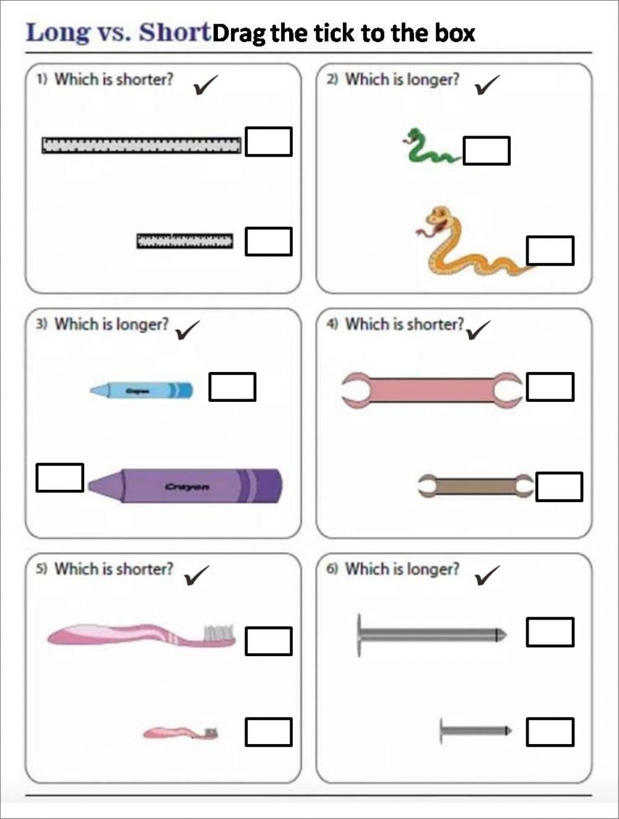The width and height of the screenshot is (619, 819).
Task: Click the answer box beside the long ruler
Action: [x=268, y=141]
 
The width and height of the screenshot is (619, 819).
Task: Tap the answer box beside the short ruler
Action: [x=268, y=241]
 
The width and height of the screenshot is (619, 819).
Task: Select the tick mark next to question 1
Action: [x=206, y=85]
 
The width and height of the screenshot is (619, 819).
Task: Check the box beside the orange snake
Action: [x=550, y=250]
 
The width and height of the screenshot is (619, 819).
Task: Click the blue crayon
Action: [x=141, y=390]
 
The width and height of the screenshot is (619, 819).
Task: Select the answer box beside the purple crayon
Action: [x=59, y=477]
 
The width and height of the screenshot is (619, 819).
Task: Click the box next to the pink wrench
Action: [x=550, y=386]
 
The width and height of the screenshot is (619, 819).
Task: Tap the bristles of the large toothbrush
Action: [x=219, y=631]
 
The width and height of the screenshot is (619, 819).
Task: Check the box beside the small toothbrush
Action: [x=268, y=732]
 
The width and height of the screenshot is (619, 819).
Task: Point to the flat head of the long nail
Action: [x=359, y=635]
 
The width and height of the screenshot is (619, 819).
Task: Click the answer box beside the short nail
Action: [x=550, y=732]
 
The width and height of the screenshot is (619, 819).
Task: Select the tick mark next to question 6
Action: [x=487, y=575]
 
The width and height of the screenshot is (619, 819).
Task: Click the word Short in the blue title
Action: [x=175, y=33]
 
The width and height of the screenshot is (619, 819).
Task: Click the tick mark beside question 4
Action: [x=478, y=330]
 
